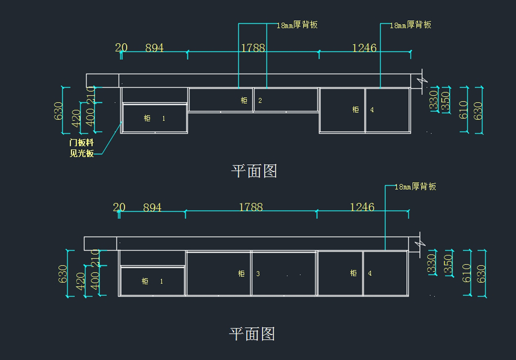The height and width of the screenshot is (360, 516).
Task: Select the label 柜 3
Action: coord(249,274)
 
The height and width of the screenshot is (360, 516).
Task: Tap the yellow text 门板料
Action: coord(82,143)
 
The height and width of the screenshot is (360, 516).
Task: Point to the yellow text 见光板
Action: coord(82,153)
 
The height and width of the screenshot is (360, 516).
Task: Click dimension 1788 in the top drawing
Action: coord(253,48)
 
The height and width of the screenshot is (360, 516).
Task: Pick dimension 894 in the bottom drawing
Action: coord(152,208)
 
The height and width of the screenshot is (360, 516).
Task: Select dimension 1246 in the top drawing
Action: coord(364,48)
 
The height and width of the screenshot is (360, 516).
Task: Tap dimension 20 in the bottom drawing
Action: coord(119,207)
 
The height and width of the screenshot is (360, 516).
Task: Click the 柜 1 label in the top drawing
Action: coord(154,118)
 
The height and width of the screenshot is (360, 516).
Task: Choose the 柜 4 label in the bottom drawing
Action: coord(361,273)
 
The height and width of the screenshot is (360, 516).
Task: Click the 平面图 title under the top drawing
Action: coord(254,171)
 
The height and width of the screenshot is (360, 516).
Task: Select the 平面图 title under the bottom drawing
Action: coord(252,334)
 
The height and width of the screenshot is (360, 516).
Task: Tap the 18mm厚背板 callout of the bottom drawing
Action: coord(415,187)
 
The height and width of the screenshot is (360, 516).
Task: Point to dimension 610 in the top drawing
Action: coord(463,110)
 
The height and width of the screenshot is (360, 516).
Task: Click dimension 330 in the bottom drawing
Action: coord(432,263)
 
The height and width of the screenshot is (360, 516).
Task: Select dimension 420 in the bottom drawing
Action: coord(80,281)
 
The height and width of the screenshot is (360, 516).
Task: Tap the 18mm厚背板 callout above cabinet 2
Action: coord(297,25)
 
